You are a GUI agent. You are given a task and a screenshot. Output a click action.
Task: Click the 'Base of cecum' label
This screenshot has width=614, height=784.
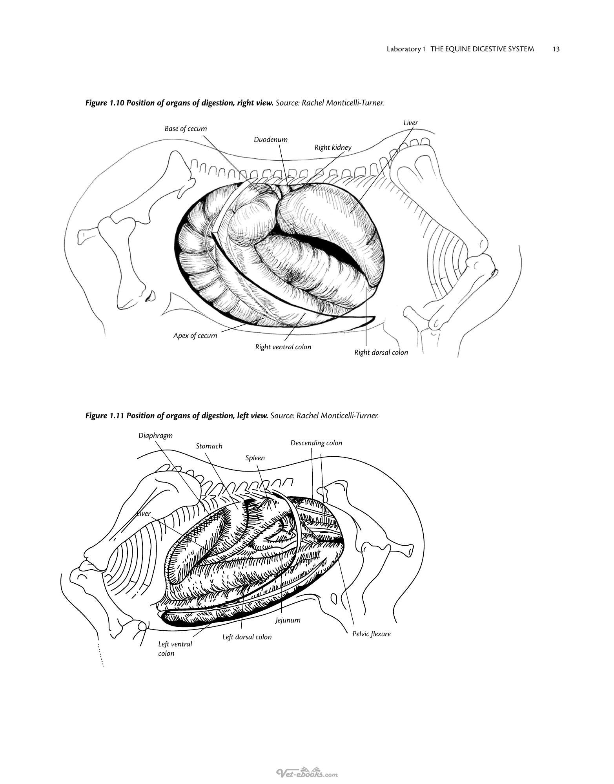pyautogui.click(x=186, y=129)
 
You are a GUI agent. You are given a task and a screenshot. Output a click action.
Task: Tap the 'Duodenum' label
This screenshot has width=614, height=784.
pyautogui.click(x=271, y=140)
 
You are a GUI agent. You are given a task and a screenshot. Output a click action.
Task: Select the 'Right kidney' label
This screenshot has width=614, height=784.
pyautogui.click(x=333, y=148)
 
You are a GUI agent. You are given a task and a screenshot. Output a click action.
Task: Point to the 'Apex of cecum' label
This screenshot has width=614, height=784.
pyautogui.click(x=195, y=336)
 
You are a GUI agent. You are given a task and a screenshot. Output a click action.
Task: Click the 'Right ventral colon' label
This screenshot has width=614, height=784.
pyautogui.click(x=283, y=347)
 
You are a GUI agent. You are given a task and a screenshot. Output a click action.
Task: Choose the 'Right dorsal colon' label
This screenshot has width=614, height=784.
pyautogui.click(x=381, y=352)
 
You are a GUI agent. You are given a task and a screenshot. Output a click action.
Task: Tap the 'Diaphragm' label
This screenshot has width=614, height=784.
pyautogui.click(x=155, y=436)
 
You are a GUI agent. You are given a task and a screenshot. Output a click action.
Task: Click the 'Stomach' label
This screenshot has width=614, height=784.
pyautogui.click(x=209, y=446)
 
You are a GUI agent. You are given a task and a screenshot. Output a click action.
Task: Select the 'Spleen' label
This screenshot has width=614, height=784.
pyautogui.click(x=255, y=458)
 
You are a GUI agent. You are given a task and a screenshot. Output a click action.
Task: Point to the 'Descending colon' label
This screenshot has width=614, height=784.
pyautogui.click(x=316, y=443)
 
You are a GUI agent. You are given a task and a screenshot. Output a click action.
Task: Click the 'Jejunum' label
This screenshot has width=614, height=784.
pyautogui.click(x=288, y=620)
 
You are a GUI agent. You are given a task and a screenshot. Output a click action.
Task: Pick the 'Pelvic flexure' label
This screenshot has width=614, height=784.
pyautogui.click(x=372, y=634)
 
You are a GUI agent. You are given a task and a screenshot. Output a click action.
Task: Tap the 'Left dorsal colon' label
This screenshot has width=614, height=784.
pyautogui.click(x=247, y=637)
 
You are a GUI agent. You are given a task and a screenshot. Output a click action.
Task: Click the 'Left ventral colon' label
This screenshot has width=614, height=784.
pyautogui.click(x=175, y=649)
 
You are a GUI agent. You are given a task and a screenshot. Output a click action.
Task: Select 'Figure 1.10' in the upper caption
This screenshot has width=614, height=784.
pyautogui.click(x=105, y=103)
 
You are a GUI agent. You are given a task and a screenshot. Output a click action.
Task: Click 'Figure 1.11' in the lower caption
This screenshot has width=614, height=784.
pyautogui.click(x=105, y=416)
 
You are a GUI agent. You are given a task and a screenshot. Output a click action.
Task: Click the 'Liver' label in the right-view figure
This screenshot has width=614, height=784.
pyautogui.click(x=411, y=123)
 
